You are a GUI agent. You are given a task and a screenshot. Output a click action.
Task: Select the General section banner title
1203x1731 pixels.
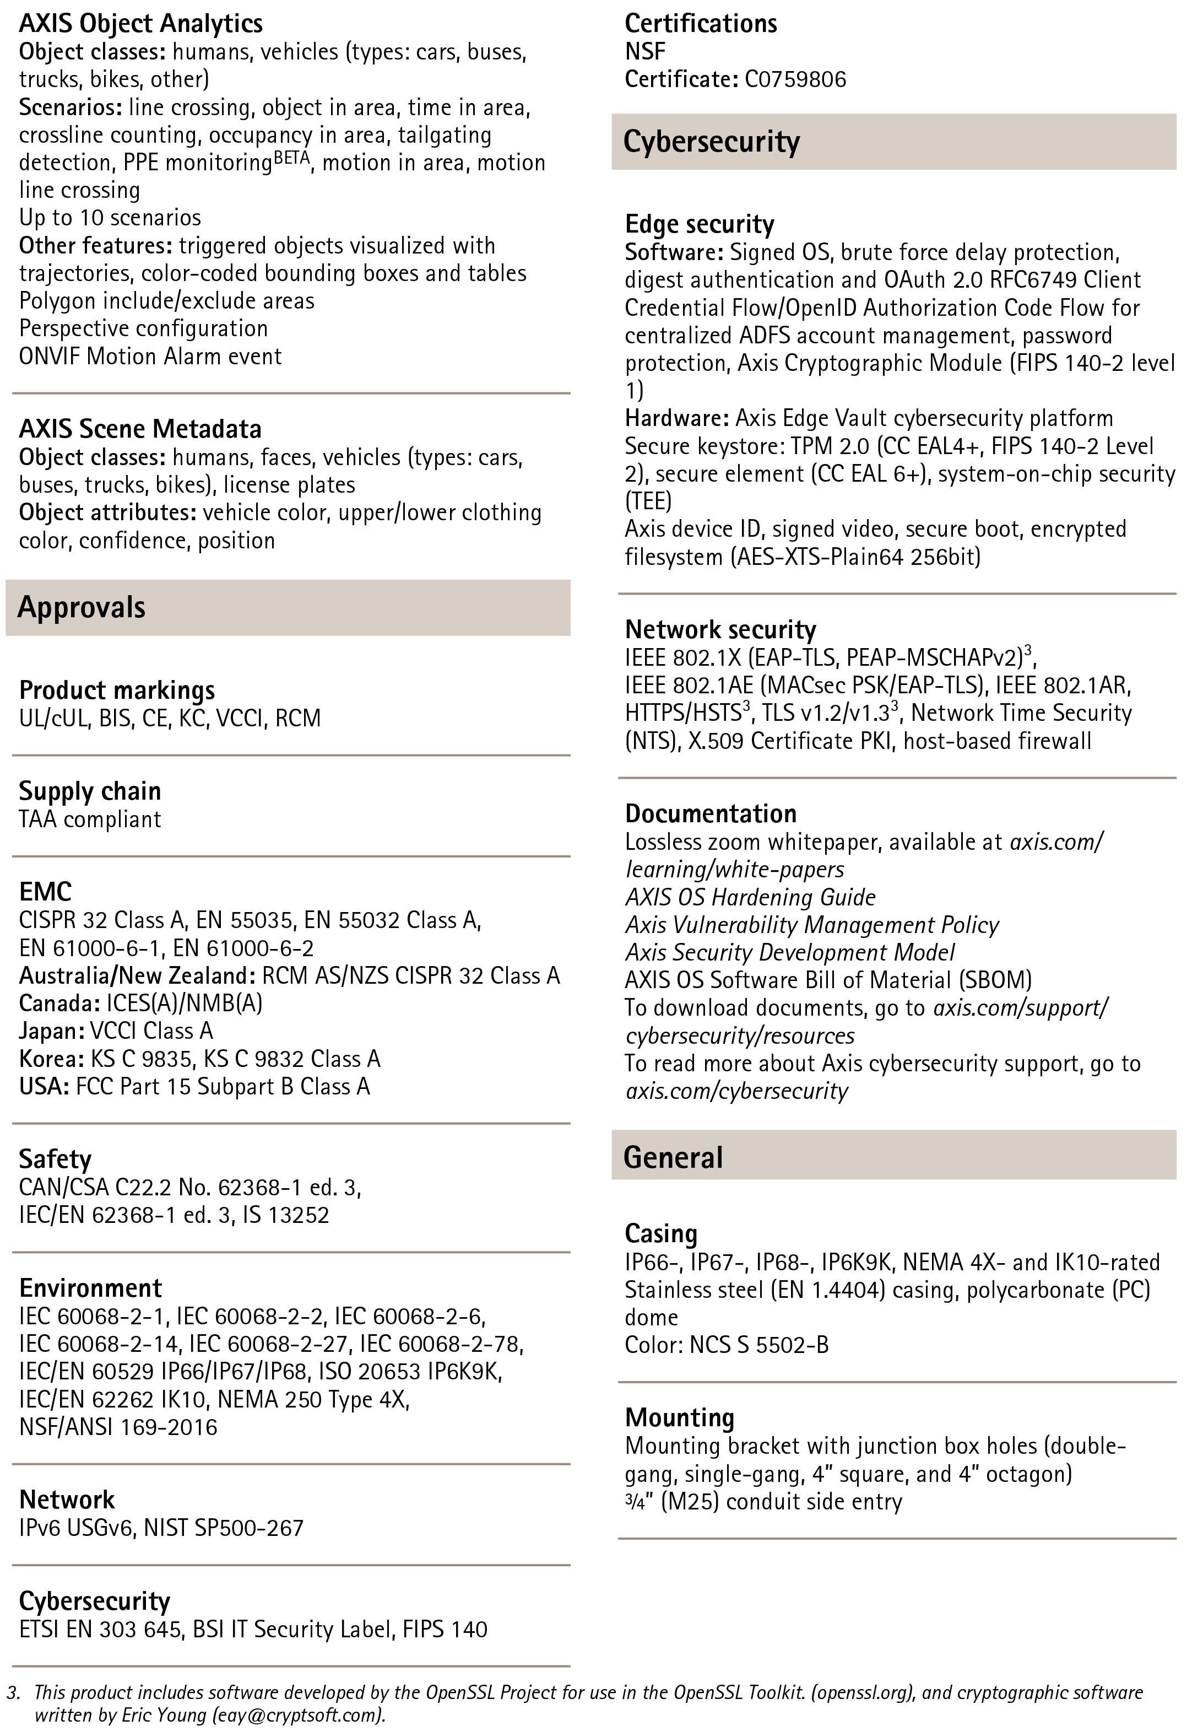pyautogui.click(x=673, y=1157)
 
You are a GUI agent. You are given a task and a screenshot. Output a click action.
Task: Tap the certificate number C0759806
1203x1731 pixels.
pyautogui.click(x=795, y=79)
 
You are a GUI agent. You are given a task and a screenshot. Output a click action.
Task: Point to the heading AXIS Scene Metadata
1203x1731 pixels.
pyautogui.click(x=140, y=429)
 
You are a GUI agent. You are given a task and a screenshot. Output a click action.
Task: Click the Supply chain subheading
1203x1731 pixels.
pyautogui.click(x=90, y=791)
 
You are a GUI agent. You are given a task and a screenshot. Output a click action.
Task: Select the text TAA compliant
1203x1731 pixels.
pyautogui.click(x=90, y=819)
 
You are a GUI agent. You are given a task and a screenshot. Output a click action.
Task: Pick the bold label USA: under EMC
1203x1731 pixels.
pyautogui.click(x=45, y=1086)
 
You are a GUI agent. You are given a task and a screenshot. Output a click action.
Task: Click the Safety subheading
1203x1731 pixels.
pyautogui.click(x=55, y=1159)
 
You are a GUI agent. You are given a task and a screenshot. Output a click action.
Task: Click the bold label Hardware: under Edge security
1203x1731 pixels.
pyautogui.click(x=676, y=418)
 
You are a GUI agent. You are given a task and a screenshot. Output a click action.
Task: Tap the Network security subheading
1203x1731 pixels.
pyautogui.click(x=720, y=629)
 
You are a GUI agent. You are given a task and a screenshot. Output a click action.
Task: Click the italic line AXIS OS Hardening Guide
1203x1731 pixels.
pyautogui.click(x=750, y=897)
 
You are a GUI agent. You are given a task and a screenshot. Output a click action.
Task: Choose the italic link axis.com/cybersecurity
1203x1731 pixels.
pyautogui.click(x=736, y=1091)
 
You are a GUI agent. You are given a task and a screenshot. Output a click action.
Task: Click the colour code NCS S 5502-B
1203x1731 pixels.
pyautogui.click(x=759, y=1345)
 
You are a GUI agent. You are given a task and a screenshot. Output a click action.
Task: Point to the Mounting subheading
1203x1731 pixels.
pyautogui.click(x=679, y=1417)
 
